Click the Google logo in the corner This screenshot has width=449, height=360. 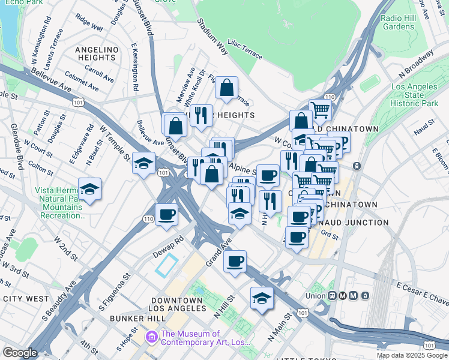click(20, 353)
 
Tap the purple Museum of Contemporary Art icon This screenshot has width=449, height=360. click(152, 338)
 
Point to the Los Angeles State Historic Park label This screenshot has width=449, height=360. click(415, 95)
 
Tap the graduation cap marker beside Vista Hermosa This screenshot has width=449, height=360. click(90, 189)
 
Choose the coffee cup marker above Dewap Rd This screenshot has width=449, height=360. click(167, 214)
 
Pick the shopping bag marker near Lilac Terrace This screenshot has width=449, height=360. click(227, 88)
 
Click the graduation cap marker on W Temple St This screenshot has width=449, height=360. click(144, 163)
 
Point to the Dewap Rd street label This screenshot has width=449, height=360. click(167, 248)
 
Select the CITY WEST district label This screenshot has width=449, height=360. click(25, 298)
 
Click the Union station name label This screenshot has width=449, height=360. click(315, 296)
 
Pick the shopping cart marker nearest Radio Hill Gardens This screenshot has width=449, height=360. click(321, 110)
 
